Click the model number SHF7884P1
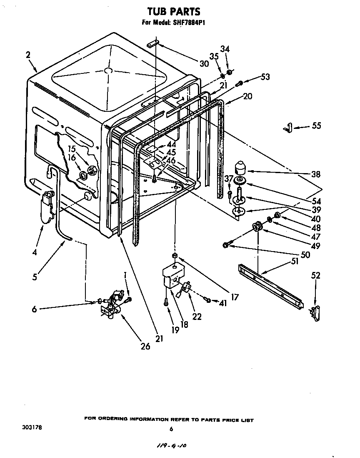click(186, 23)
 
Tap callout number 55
click(317, 126)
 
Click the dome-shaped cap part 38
click(241, 168)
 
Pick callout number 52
click(316, 275)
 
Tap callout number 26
click(145, 346)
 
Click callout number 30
click(204, 63)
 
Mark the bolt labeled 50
click(226, 245)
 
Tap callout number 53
click(265, 77)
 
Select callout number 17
click(235, 297)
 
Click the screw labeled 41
click(207, 299)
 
